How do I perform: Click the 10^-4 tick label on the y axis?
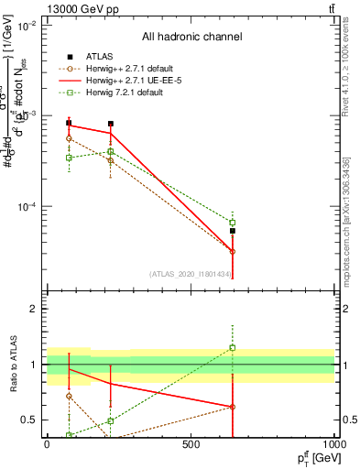pyautogui.click(x=26, y=207)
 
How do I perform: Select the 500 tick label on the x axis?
pyautogui.click(x=191, y=444)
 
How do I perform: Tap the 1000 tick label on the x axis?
pyautogui.click(x=335, y=444)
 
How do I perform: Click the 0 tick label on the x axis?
pyautogui.click(x=47, y=444)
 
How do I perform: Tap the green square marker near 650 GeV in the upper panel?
pyautogui.click(x=233, y=223)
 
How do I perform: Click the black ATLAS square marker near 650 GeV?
pyautogui.click(x=233, y=231)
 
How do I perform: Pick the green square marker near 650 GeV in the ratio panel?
pyautogui.click(x=233, y=348)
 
